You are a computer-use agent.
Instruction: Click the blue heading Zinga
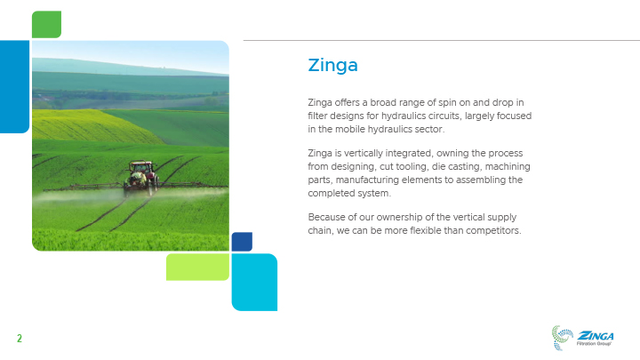[332, 65]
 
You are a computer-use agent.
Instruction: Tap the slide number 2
[20, 339]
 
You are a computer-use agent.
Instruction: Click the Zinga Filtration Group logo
[582, 338]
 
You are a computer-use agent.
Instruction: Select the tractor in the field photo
[141, 176]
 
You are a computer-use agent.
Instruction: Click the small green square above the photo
[46, 25]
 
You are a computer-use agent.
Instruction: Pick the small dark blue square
[242, 242]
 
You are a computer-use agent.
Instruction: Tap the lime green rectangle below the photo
[197, 267]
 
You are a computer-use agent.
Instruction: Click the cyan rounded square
[254, 282]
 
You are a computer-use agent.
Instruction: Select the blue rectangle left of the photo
[15, 87]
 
